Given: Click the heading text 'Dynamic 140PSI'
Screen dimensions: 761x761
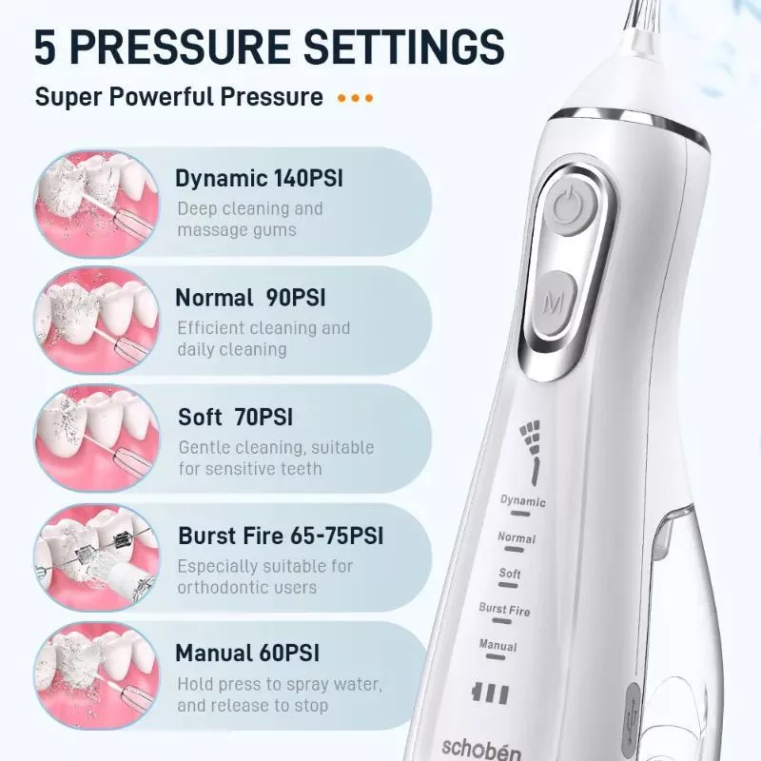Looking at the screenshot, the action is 259,179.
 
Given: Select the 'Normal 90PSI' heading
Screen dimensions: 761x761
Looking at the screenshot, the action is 250,298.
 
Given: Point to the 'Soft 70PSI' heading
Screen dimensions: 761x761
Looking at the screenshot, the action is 235,417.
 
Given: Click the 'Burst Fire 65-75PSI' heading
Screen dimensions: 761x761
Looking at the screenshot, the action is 281,536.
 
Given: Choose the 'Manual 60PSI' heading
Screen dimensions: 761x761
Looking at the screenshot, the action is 247,653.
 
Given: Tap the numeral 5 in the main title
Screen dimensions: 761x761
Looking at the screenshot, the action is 46,47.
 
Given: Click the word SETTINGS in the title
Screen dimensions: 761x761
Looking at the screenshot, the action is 403,47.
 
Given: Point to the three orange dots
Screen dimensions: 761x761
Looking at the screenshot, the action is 355,98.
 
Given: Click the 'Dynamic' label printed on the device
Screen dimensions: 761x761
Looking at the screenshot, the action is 522,501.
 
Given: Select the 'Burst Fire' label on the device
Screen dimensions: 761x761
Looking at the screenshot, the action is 504,609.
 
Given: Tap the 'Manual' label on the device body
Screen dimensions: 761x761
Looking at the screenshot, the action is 498,645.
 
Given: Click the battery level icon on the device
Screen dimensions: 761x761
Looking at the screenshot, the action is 490,693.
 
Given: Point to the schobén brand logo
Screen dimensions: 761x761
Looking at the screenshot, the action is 481,749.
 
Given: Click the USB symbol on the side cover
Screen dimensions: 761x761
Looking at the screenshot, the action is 632,718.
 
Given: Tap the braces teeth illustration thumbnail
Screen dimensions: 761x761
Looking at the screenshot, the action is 97,557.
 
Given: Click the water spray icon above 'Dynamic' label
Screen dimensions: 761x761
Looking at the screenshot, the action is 532,452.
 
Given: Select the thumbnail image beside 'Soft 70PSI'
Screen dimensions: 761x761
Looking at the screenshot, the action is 97,439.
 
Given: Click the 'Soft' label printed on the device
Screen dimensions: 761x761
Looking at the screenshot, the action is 510,574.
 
